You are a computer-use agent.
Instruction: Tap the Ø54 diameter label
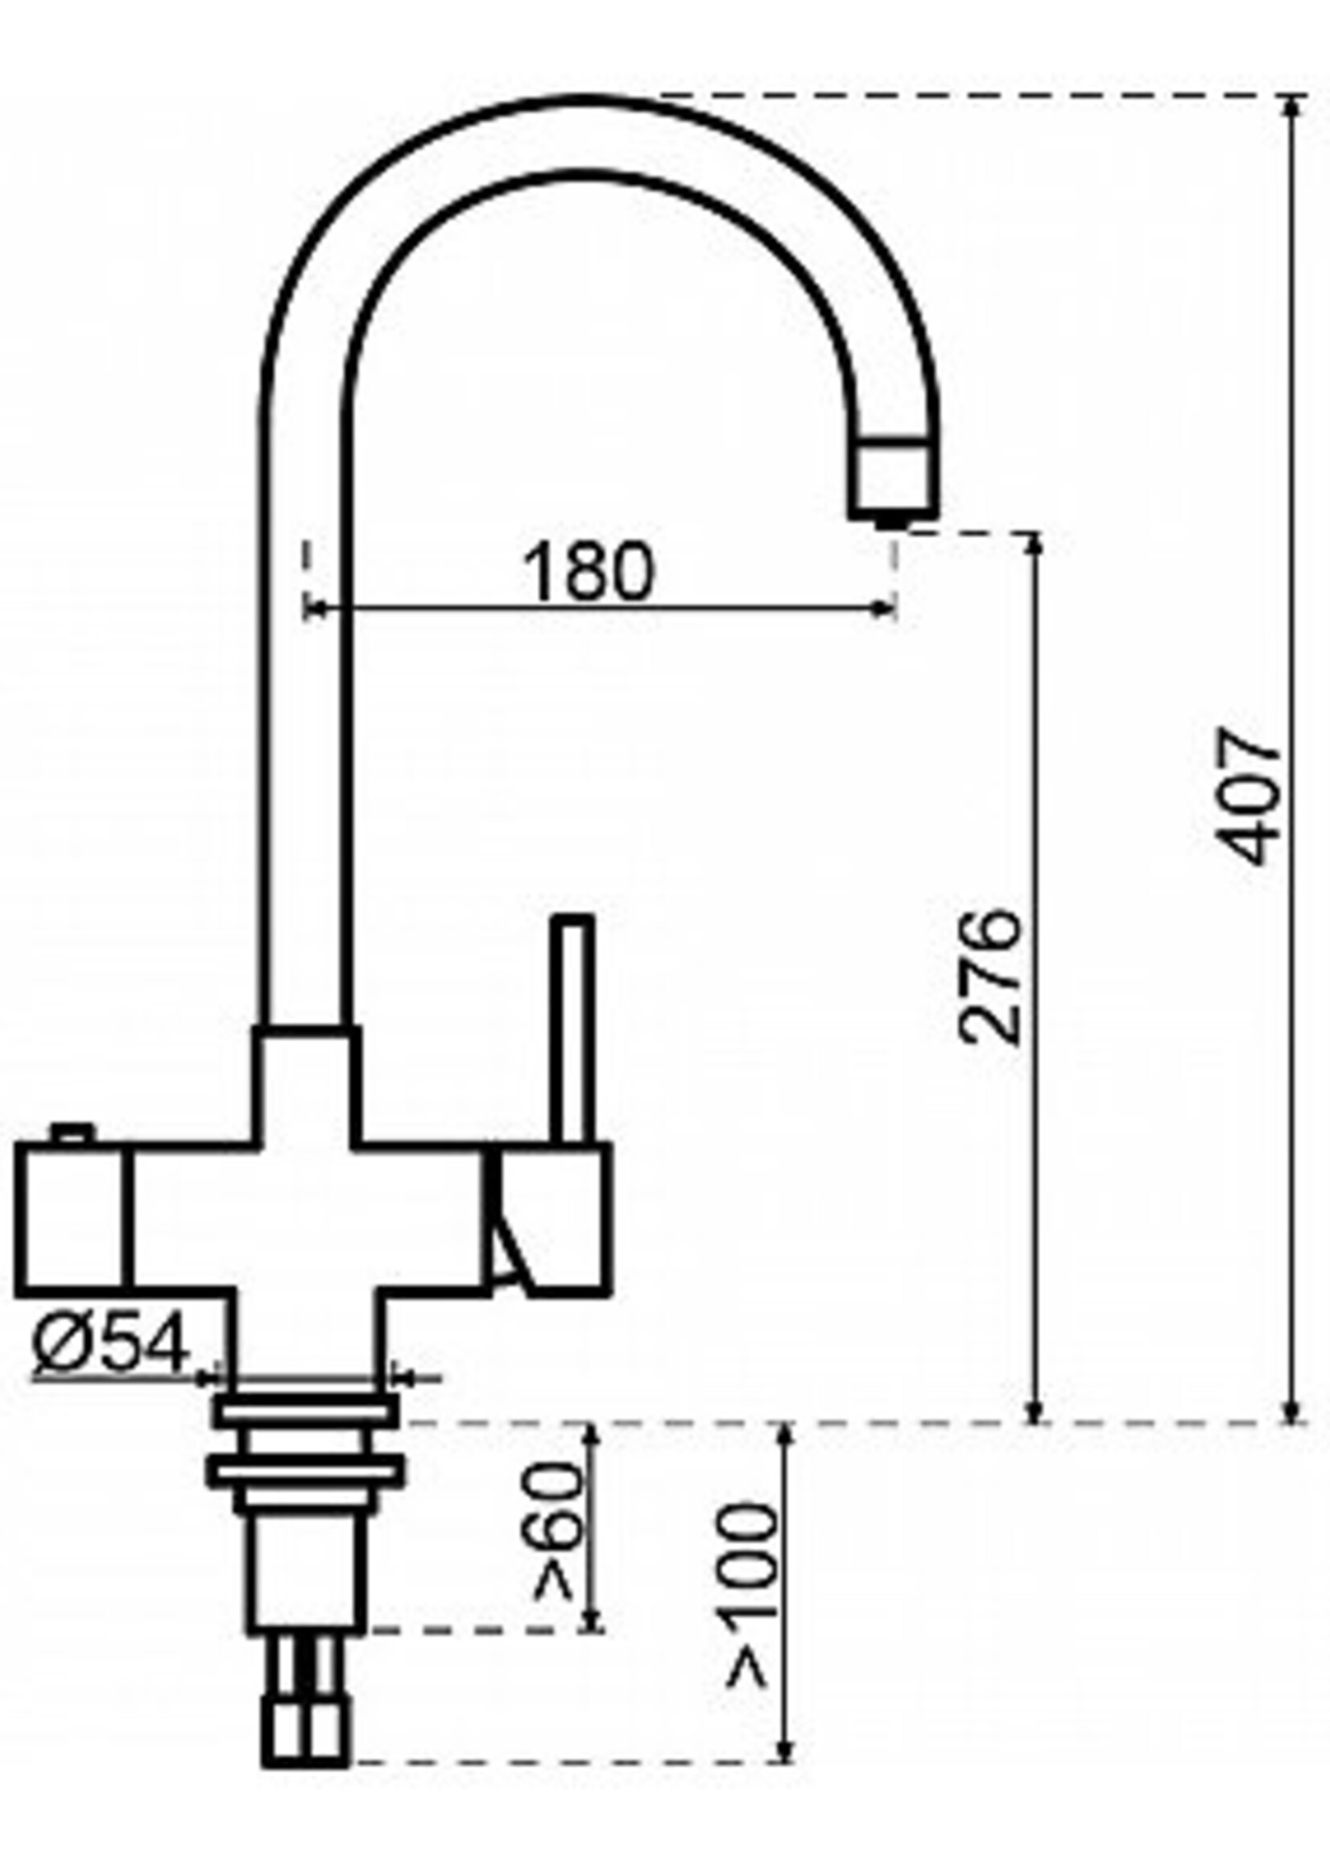point(109,1347)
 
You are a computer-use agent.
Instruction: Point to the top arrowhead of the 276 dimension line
point(1035,544)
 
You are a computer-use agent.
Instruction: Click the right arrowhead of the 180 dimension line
point(885,608)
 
